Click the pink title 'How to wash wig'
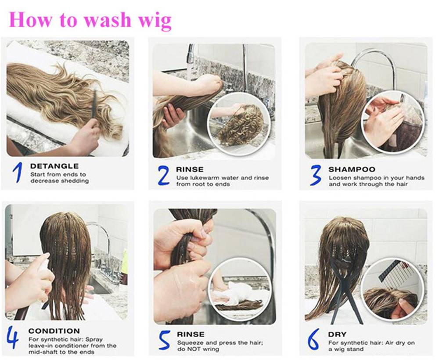90,20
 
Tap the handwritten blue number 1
18,173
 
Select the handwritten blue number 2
163,176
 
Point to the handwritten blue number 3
315,175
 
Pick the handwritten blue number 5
165,340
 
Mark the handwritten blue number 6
313,339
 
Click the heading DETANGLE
54,166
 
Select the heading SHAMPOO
352,169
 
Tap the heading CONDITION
54,331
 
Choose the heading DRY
337,335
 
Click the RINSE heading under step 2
190,169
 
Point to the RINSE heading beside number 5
191,335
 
